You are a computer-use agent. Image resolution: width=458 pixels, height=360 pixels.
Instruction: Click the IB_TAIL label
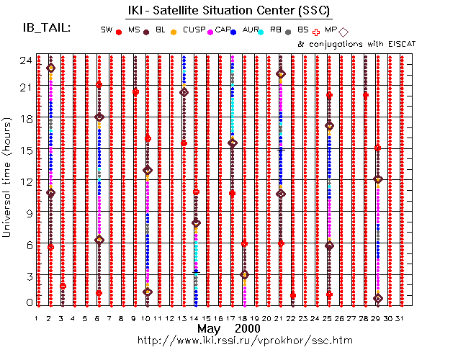(47, 28)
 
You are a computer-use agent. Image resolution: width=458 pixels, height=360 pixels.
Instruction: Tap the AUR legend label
(251, 30)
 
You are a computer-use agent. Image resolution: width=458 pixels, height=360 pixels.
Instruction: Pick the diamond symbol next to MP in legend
(343, 32)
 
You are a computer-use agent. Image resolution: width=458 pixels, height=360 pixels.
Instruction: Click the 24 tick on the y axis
(24, 60)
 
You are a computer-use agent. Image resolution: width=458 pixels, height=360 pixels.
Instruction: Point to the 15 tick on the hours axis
(24, 150)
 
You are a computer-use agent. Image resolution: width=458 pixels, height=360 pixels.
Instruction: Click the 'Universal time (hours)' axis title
(9, 181)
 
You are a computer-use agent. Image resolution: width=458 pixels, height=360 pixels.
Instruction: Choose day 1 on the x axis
(37, 318)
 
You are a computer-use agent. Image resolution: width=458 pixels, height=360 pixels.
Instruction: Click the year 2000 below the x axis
(247, 328)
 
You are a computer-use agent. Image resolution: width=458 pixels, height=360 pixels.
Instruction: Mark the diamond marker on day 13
(184, 92)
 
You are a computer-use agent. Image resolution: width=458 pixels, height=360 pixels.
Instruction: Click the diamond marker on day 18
(244, 274)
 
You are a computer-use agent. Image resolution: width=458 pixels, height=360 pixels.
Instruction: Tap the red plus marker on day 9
(135, 91)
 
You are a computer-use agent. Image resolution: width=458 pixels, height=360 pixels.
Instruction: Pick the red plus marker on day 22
(293, 295)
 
